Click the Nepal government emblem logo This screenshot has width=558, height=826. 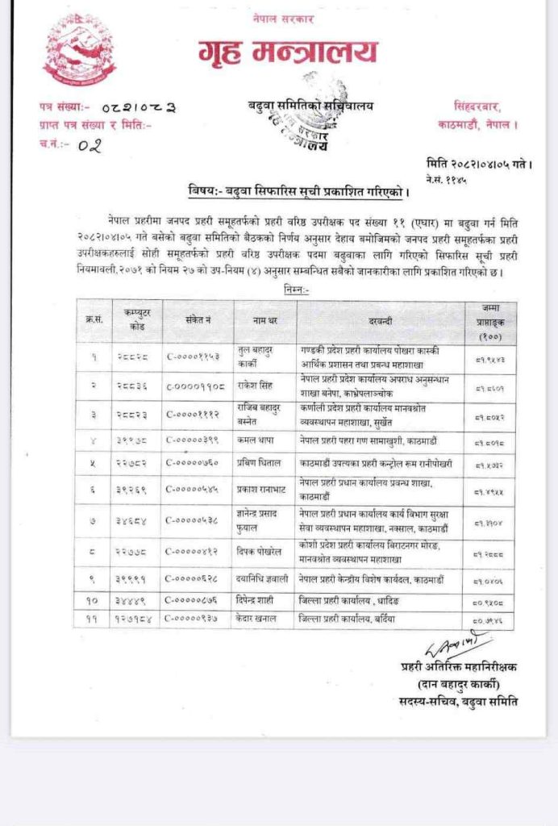click(80, 50)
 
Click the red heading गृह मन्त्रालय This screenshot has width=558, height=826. click(288, 52)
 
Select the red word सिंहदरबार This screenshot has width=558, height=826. click(477, 106)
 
